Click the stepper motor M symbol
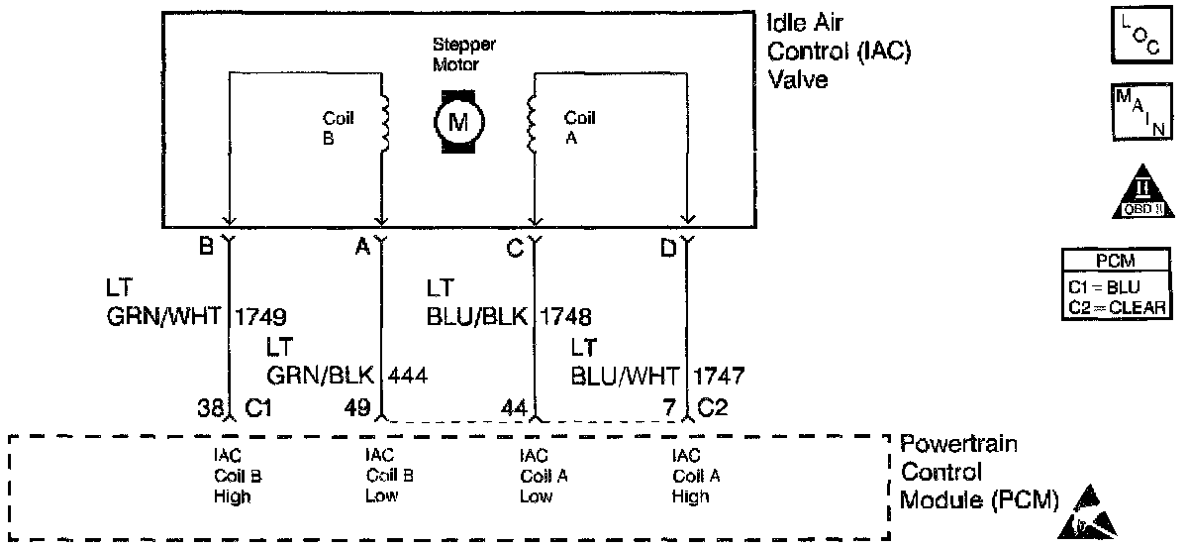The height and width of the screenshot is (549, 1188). tap(456, 122)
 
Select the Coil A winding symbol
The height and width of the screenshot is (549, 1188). tap(533, 124)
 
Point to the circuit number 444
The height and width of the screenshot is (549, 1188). tap(409, 376)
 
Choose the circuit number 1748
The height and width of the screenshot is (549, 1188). tap(566, 317)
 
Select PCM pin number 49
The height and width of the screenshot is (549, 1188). tap(357, 406)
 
